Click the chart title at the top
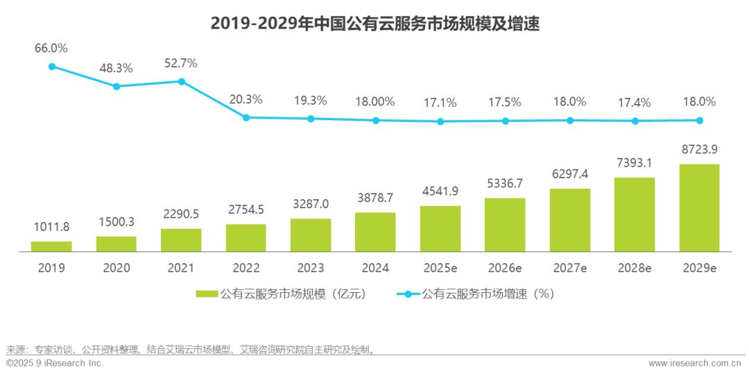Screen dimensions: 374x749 click(374, 24)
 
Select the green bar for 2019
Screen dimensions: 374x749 click(51, 246)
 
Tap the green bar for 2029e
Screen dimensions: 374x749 click(699, 207)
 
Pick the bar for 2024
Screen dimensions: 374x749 click(375, 231)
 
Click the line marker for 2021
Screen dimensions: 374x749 click(182, 81)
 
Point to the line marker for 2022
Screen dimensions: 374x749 click(246, 117)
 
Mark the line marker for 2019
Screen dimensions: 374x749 click(51, 67)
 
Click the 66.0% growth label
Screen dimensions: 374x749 click(51, 49)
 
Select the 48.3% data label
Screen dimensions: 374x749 click(117, 68)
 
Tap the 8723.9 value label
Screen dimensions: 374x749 click(699, 150)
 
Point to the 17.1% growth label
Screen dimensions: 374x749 click(440, 103)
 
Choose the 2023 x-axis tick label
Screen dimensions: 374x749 click(311, 268)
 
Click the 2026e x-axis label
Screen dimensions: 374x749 click(505, 268)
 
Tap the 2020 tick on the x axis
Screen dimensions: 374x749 click(117, 268)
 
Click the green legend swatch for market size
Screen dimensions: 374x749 click(207, 294)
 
